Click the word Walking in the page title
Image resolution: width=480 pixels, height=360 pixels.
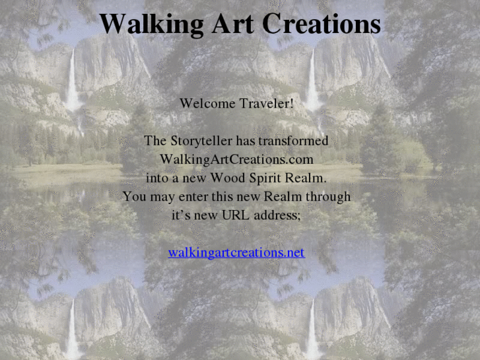coord(152,24)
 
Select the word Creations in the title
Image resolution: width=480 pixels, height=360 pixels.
coord(322,24)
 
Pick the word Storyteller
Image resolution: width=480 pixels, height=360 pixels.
coord(199,141)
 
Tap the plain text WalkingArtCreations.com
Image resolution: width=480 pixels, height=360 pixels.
coord(236,160)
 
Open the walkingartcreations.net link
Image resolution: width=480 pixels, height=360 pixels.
coord(236,252)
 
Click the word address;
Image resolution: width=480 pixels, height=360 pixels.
coord(279,215)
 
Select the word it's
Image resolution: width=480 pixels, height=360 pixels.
coord(181,215)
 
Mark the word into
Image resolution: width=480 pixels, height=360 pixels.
coord(156,178)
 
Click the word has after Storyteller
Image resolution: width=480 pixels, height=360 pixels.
coord(244,141)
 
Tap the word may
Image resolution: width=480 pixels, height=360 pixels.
coord(161,197)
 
